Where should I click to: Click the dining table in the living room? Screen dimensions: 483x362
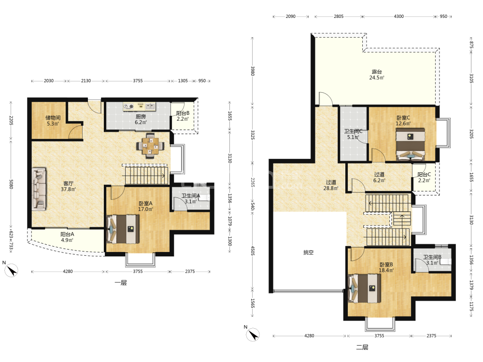[x=150, y=146]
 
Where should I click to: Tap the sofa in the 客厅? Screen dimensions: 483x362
[x=39, y=189]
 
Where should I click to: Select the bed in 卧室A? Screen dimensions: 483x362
[x=123, y=229]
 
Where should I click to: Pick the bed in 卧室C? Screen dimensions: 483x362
[x=410, y=144]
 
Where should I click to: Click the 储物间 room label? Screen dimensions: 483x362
[x=53, y=118]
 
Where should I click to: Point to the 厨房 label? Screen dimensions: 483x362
[x=141, y=116]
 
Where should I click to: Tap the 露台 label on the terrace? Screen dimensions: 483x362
[x=377, y=72]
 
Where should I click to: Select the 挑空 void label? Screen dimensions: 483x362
[x=308, y=252]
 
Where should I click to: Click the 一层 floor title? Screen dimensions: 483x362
[x=121, y=282]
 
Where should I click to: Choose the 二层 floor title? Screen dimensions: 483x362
[x=362, y=347]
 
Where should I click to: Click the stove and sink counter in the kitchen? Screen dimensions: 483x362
[x=139, y=107]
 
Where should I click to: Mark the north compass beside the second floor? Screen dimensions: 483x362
[x=252, y=334]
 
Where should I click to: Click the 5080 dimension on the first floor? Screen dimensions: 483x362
[x=11, y=184]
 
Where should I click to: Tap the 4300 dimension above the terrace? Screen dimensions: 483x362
[x=398, y=16]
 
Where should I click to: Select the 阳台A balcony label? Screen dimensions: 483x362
[x=67, y=234]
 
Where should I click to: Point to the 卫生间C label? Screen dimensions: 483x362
[x=353, y=131]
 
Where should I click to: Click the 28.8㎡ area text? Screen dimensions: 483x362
[x=331, y=188]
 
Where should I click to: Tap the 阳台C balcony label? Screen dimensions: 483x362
[x=424, y=175]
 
